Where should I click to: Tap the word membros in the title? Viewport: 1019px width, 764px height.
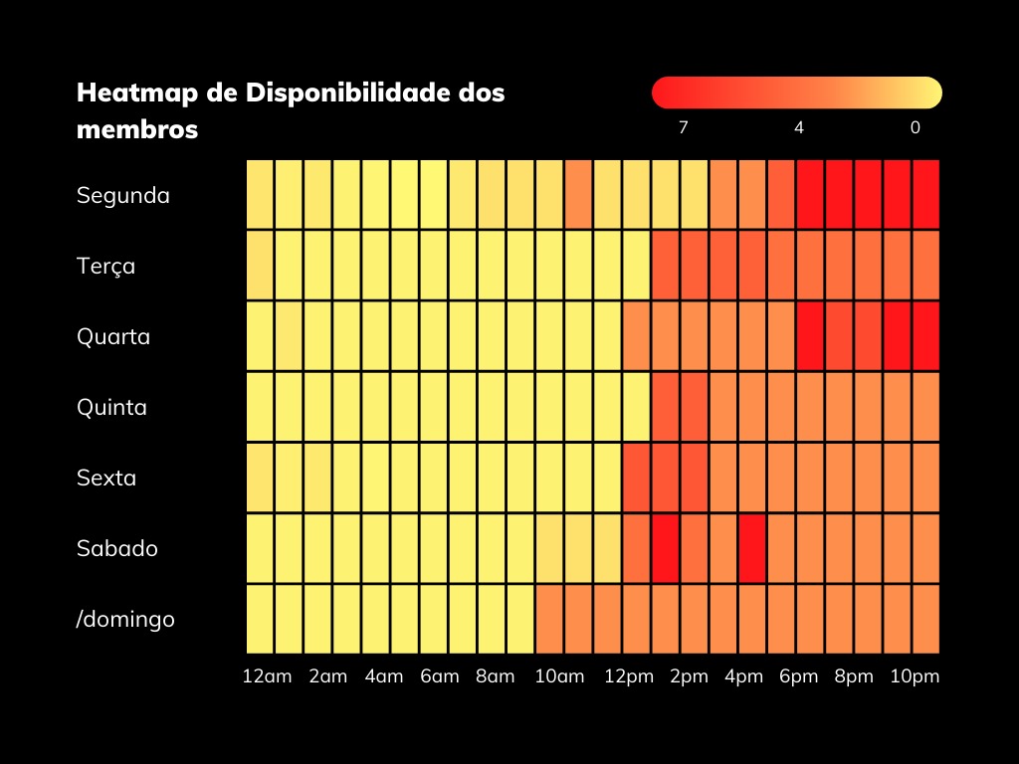pyautogui.click(x=137, y=129)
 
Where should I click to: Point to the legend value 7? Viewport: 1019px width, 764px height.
pyautogui.click(x=683, y=127)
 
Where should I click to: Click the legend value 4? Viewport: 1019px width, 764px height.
pyautogui.click(x=799, y=127)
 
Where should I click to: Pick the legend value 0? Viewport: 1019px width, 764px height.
pyautogui.click(x=915, y=127)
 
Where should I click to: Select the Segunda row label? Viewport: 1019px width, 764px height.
pyautogui.click(x=123, y=195)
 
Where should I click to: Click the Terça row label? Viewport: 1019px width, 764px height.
pyautogui.click(x=106, y=266)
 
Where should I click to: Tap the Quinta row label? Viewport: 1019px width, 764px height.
pyautogui.click(x=111, y=407)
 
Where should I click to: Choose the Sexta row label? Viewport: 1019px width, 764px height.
pyautogui.click(x=106, y=477)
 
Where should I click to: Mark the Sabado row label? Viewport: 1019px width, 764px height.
pyautogui.click(x=117, y=548)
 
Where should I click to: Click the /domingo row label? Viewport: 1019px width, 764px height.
pyautogui.click(x=125, y=619)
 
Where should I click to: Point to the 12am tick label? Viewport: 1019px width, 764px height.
pyautogui.click(x=268, y=676)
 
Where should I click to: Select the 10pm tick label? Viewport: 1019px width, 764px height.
pyautogui.click(x=915, y=676)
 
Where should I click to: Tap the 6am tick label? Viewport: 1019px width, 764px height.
pyautogui.click(x=440, y=676)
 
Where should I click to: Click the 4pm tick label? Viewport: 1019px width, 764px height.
pyautogui.click(x=744, y=676)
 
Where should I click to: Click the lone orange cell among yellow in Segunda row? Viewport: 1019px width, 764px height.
pyautogui.click(x=578, y=194)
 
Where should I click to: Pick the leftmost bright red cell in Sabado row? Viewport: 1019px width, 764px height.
pyautogui.click(x=665, y=548)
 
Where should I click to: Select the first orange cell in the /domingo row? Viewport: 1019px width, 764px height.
pyautogui.click(x=549, y=619)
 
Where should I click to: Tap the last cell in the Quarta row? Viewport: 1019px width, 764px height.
pyautogui.click(x=926, y=336)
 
